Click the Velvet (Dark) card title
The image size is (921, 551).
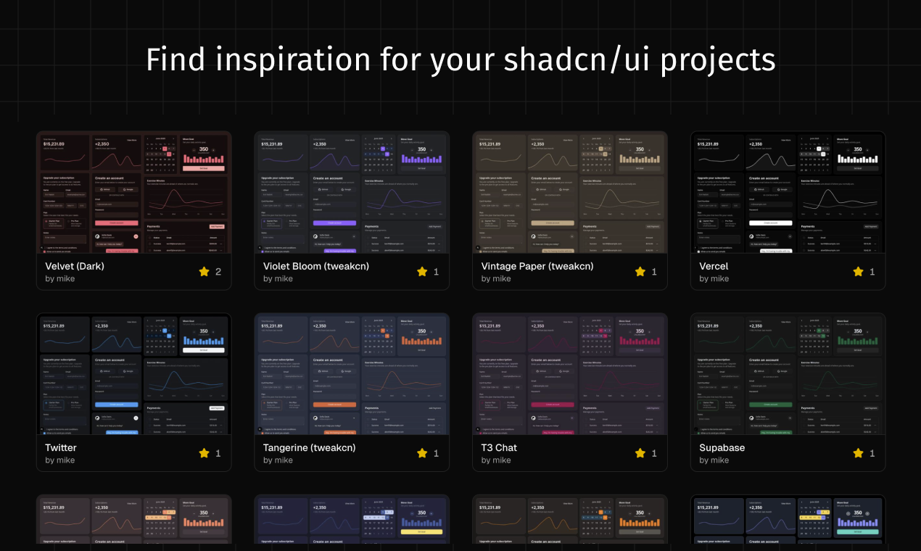point(75,266)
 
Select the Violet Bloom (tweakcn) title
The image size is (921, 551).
point(316,266)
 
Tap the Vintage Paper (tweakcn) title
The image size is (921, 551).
point(537,266)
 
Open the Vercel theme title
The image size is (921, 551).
point(714,266)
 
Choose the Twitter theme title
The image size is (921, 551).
point(61,447)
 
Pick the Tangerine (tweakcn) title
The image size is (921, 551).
point(310,447)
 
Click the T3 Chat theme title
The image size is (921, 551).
point(499,447)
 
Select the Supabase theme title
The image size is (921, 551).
point(722,447)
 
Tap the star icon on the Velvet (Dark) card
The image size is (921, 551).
point(204,272)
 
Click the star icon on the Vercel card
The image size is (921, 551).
point(858,272)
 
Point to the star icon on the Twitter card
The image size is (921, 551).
point(204,453)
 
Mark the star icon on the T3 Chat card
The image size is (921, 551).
point(640,453)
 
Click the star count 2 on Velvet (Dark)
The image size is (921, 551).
point(218,272)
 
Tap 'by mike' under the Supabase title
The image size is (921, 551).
point(714,460)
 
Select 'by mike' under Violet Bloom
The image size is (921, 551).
point(278,278)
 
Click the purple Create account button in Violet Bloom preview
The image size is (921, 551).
point(334,223)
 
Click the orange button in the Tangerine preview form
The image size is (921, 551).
point(334,404)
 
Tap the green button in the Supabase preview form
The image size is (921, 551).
point(770,404)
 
